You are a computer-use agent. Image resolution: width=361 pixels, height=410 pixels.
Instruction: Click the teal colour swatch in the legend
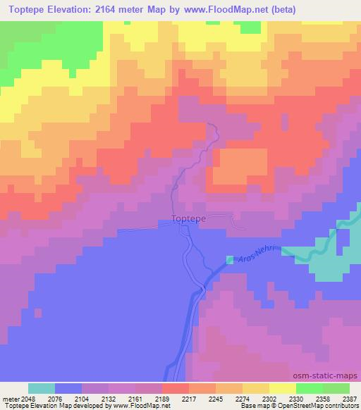tap(41, 388)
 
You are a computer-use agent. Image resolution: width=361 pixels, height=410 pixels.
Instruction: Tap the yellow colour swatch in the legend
tap(283, 388)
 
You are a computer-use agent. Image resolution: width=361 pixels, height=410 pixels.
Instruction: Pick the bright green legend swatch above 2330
tap(310, 388)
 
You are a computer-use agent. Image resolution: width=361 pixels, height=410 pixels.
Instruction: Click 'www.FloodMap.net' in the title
tap(226, 10)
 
